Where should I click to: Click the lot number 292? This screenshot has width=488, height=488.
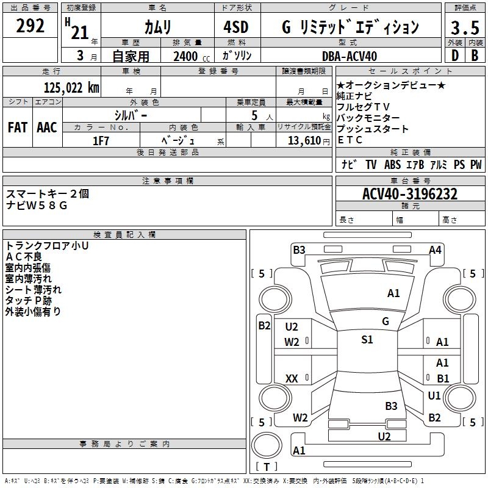pyautogui.click(x=30, y=26)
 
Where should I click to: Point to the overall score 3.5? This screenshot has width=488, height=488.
pyautogui.click(x=465, y=27)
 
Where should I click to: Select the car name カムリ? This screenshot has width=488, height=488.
pyautogui.click(x=157, y=27)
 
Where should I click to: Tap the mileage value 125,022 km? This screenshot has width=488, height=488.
pyautogui.click(x=71, y=87)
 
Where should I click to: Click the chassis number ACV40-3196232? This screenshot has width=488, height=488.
pyautogui.click(x=409, y=194)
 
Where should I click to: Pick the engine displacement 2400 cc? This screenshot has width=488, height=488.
pyautogui.click(x=189, y=56)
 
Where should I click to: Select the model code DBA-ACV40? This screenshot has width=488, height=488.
pyautogui.click(x=350, y=56)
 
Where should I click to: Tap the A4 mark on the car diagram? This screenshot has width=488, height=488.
pyautogui.click(x=435, y=249)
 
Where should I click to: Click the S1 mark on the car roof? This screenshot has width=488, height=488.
pyautogui.click(x=367, y=340)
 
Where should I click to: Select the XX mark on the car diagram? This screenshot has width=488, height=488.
pyautogui.click(x=292, y=379)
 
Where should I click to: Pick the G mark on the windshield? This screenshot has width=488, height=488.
pyautogui.click(x=386, y=321)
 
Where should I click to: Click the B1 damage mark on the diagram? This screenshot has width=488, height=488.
pyautogui.click(x=443, y=378)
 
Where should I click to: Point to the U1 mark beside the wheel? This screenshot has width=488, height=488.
pyautogui.click(x=434, y=396)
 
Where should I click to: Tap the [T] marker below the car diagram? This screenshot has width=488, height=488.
pyautogui.click(x=267, y=467)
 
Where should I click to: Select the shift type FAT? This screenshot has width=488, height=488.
pyautogui.click(x=17, y=127)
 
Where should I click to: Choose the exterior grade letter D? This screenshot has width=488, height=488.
pyautogui.click(x=454, y=56)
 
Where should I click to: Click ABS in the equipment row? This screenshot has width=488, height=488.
pyautogui.click(x=393, y=164)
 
